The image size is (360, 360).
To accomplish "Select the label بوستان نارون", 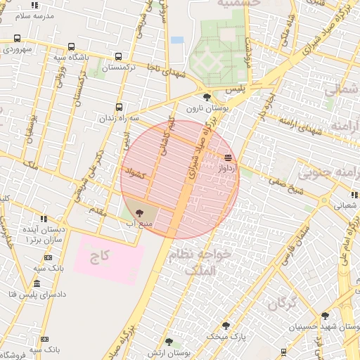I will point(205,110).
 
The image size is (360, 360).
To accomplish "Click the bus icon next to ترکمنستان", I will point(118,57).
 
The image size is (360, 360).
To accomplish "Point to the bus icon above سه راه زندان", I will point(119,107).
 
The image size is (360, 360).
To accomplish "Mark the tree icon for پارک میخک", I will point(226,325).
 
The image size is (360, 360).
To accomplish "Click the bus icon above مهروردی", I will point(17,39).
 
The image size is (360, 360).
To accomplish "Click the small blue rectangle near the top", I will point(177,40).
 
